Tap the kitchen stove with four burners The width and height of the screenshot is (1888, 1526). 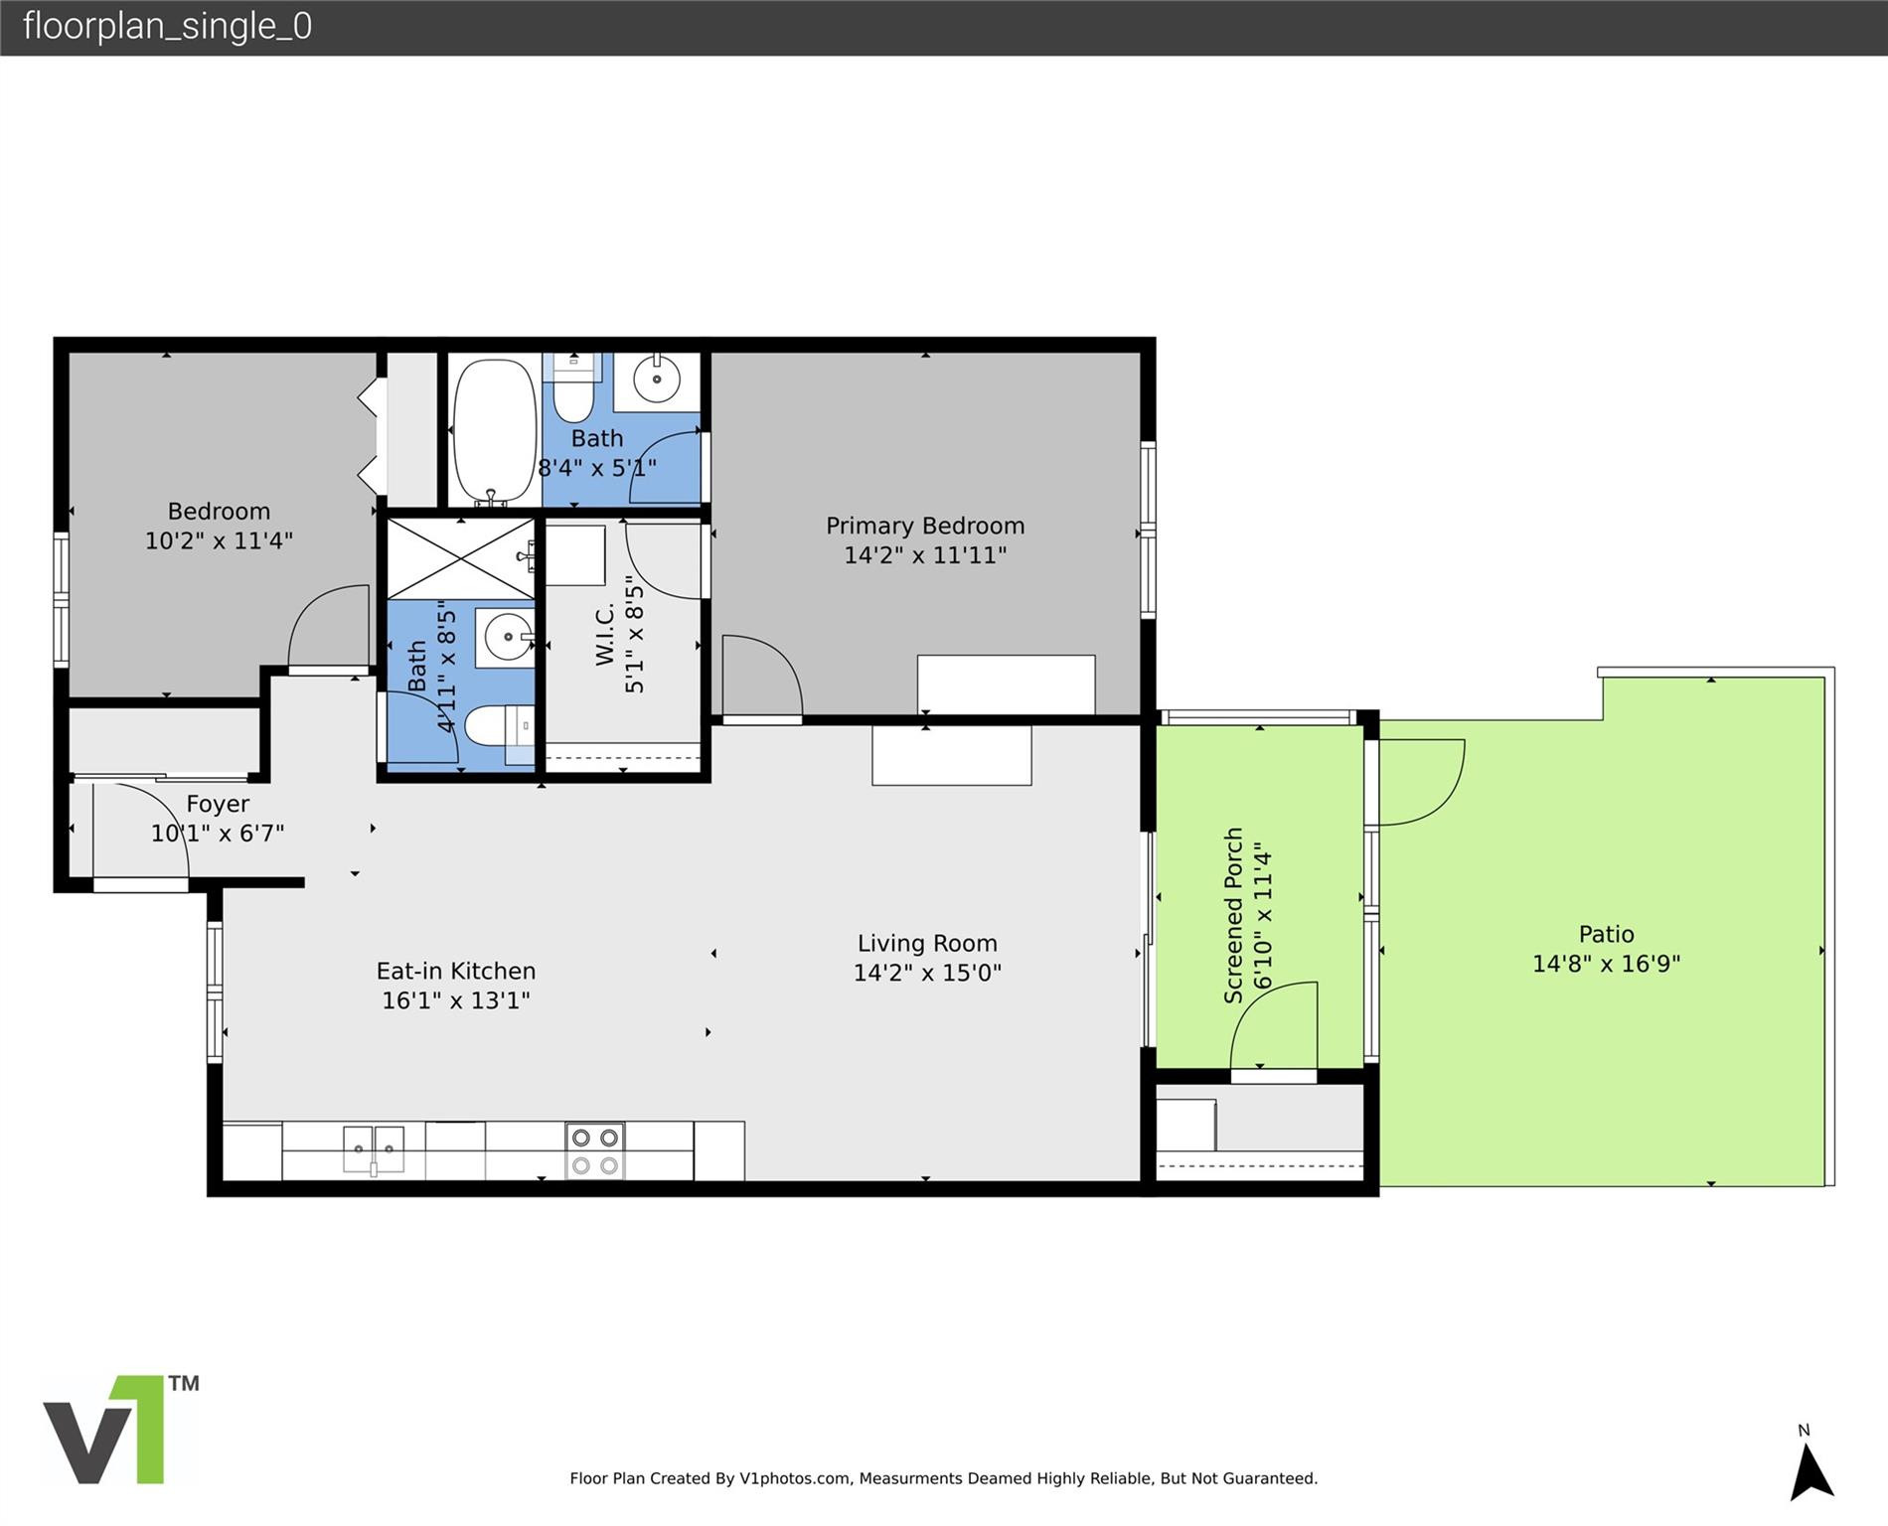tap(594, 1150)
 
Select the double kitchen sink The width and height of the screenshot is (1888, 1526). tap(374, 1149)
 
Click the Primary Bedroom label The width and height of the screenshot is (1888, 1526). tap(925, 526)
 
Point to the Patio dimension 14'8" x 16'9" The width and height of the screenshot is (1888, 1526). tap(1606, 964)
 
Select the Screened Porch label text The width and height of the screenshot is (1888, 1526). tap(1233, 916)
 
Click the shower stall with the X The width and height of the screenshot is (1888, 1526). tap(460, 558)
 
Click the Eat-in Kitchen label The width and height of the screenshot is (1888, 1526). tap(455, 971)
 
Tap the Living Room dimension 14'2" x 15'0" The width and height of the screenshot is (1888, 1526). tap(927, 973)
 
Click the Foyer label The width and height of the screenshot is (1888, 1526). tap(218, 804)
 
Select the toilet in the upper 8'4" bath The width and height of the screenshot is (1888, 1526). tap(572, 392)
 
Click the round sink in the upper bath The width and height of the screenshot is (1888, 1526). tap(656, 379)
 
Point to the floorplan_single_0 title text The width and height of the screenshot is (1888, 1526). tap(167, 26)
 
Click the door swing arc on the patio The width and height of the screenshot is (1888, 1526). tap(1431, 785)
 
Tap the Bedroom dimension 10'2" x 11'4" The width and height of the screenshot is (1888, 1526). tap(219, 540)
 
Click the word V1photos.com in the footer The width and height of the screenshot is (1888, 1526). tap(795, 1478)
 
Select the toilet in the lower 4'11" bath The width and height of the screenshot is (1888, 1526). tap(494, 726)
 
